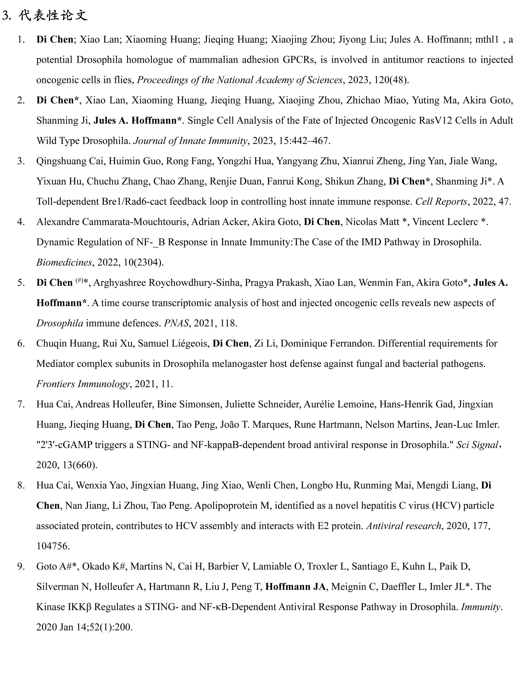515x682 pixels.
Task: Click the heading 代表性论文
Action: (53, 15)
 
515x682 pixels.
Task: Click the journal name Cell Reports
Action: (441, 202)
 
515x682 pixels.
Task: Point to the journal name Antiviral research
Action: (404, 526)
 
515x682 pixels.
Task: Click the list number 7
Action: (21, 404)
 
